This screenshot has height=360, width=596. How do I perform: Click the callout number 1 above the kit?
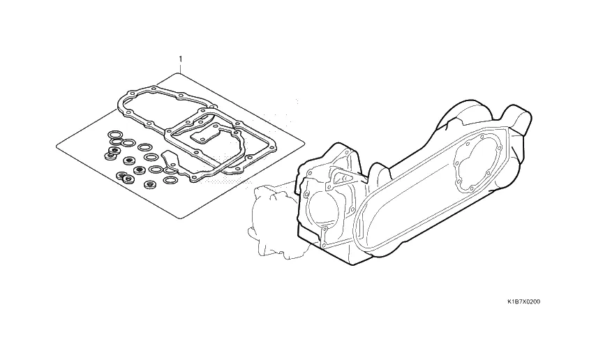tap(181, 59)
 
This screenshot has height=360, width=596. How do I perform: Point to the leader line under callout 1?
tap(181, 68)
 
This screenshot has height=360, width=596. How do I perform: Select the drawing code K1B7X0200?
tap(523, 302)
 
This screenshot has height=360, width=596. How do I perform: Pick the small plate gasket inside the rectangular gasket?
tap(204, 136)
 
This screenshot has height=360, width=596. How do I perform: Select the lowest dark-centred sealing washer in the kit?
tap(150, 185)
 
